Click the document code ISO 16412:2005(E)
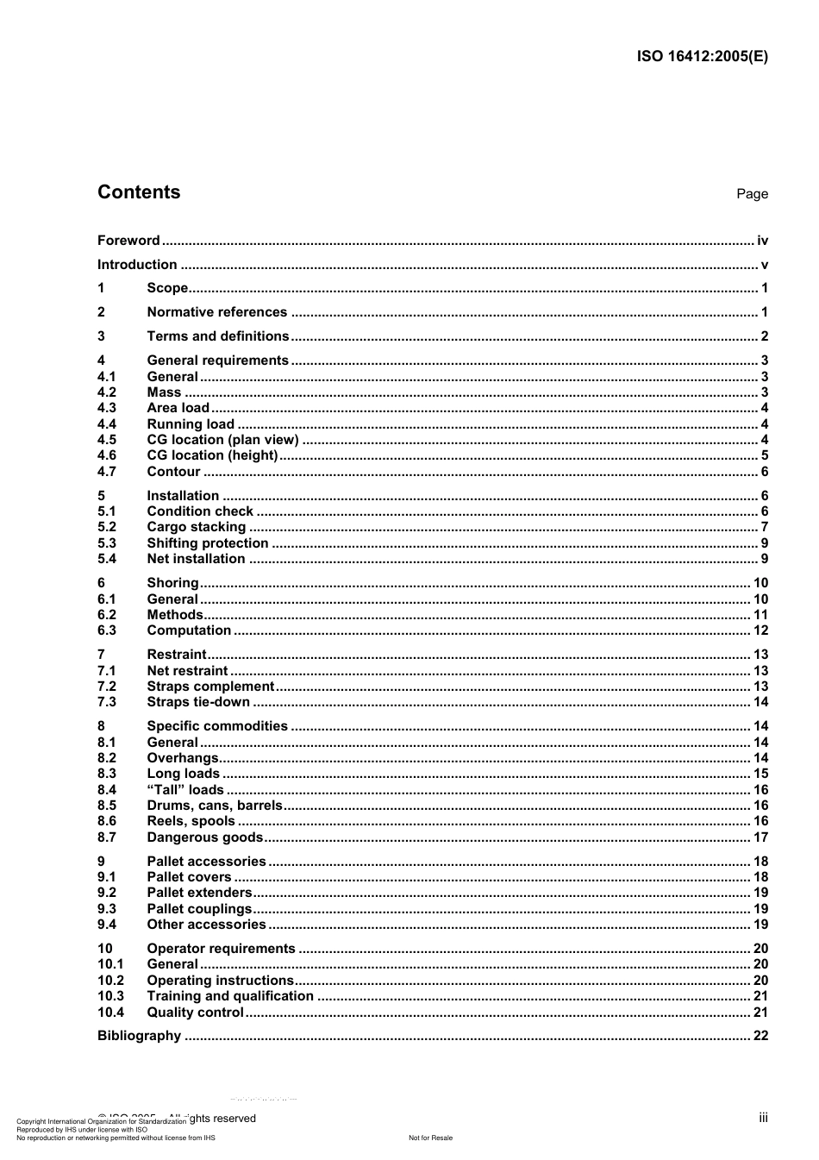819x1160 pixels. [x=702, y=57]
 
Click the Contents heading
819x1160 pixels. [x=139, y=192]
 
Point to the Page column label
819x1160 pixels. [x=752, y=194]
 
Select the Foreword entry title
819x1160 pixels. [x=128, y=241]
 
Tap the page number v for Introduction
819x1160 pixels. [x=764, y=265]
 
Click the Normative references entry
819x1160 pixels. [x=216, y=312]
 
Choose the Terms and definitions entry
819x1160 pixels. [x=217, y=336]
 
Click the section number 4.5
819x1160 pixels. [x=107, y=440]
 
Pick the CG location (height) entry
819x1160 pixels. [x=212, y=455]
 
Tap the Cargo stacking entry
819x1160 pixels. [x=196, y=527]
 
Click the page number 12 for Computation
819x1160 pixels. [x=760, y=630]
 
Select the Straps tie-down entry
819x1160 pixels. [x=198, y=702]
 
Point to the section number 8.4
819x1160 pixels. [x=107, y=790]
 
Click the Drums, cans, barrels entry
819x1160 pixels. [x=214, y=806]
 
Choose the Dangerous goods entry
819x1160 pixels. [x=204, y=837]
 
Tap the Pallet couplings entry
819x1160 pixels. [x=199, y=909]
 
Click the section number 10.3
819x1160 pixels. [x=110, y=996]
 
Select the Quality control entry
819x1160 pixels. [x=195, y=1013]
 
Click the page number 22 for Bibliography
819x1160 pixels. [x=760, y=1036]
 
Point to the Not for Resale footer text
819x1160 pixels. [x=430, y=1138]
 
